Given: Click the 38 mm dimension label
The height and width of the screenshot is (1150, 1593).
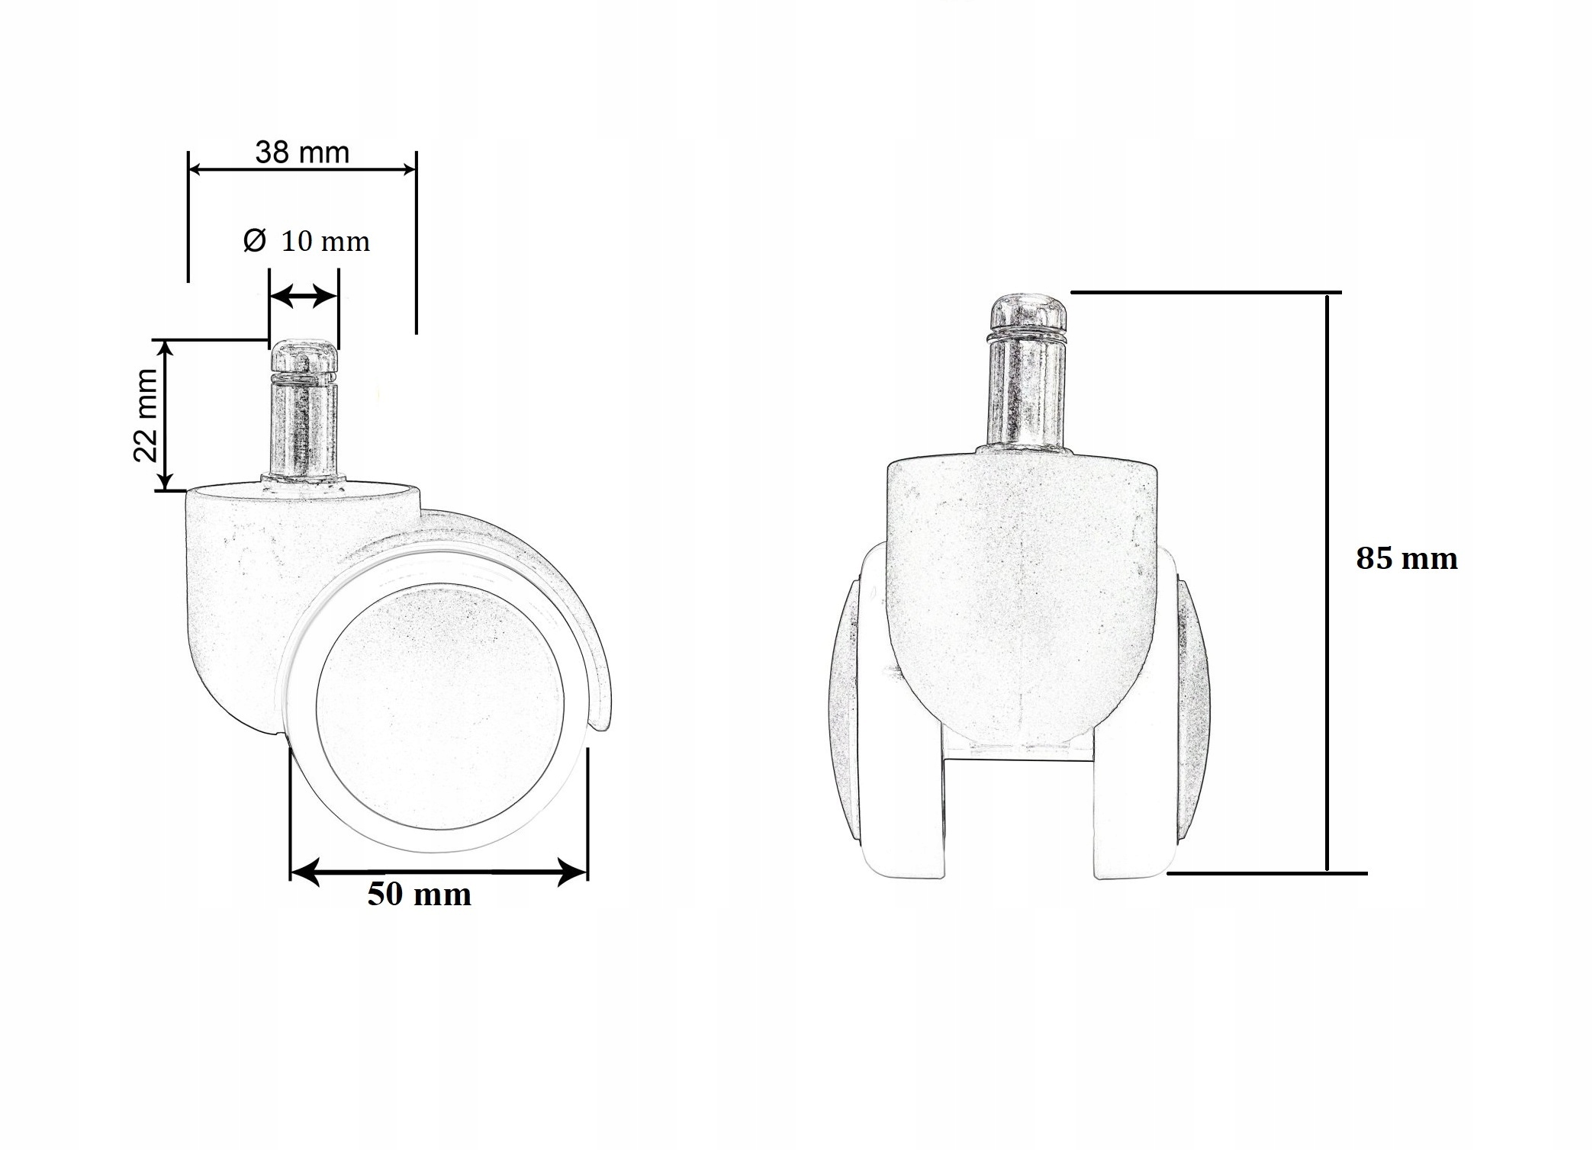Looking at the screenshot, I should (302, 153).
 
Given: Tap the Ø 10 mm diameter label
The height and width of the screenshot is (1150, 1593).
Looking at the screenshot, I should (307, 242).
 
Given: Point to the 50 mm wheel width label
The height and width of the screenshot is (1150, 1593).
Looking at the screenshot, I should (419, 895).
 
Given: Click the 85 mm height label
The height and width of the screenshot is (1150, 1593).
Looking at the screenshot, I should (1406, 559).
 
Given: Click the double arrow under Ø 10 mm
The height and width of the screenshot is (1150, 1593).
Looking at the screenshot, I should (304, 296).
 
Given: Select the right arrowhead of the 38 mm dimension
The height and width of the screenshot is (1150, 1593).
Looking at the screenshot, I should (408, 169).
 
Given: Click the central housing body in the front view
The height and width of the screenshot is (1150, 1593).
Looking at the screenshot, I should (1022, 580).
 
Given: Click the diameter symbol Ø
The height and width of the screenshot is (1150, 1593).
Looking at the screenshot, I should (254, 241).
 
